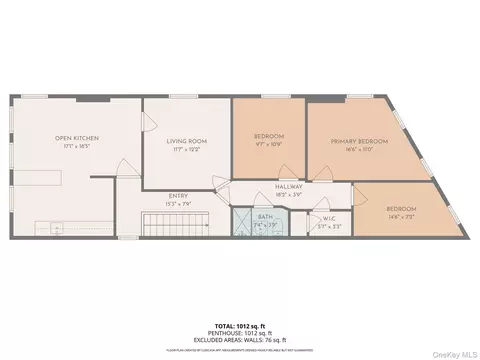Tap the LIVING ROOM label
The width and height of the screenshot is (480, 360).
pos(186,141)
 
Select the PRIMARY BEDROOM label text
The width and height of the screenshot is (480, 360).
pos(359,142)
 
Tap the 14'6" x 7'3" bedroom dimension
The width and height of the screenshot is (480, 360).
pos(401,214)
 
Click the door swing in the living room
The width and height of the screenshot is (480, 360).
pos(149,119)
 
